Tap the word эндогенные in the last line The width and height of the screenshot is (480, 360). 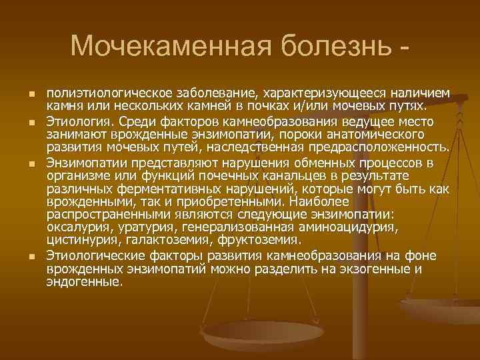coord(85,281)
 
